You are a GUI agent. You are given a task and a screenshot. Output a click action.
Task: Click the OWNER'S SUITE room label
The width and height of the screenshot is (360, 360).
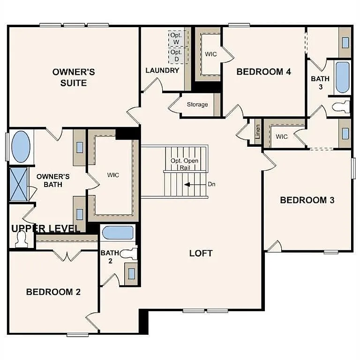pos(74,77)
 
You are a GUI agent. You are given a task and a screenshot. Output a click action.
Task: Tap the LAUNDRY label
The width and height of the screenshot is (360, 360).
pos(162,71)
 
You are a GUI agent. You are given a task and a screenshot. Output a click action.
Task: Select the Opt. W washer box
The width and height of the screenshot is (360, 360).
pos(177,38)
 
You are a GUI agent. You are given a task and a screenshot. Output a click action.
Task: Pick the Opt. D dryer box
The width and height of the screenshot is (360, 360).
pos(177,56)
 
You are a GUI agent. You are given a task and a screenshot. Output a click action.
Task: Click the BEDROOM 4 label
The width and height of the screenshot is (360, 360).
pos(263,72)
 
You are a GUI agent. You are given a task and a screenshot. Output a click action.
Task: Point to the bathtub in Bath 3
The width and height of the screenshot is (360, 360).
pos(342,77)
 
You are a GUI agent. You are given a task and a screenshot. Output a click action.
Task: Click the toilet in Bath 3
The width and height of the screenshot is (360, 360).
pos(342,106)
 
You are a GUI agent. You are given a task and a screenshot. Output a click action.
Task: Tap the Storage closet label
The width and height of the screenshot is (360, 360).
pos(197,105)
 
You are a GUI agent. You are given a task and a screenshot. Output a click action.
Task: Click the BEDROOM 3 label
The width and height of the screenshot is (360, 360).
pos(307,200)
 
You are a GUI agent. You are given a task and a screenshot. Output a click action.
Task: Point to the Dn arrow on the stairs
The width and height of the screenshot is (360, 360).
pos(190,184)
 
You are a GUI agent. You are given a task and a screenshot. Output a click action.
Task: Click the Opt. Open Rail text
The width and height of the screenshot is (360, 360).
pos(184,164)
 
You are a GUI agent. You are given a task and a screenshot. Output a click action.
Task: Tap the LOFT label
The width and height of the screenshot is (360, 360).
pos(201,253)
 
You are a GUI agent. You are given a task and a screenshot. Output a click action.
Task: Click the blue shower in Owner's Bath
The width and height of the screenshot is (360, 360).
pos(19,184)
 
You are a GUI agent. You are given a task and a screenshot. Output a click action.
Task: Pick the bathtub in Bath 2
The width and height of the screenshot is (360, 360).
pos(118,233)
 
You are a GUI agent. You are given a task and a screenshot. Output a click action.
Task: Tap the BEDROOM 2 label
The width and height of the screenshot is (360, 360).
pos(53,292)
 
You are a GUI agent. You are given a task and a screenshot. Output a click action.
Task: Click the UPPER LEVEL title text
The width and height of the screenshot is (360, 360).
pos(46,229)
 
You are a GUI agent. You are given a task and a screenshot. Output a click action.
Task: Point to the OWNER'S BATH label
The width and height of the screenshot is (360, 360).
pos(53,180)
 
